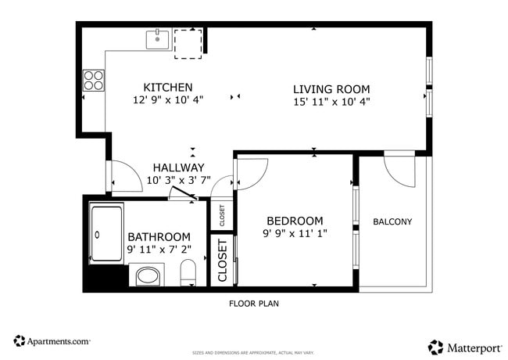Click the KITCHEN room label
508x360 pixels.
tap(168, 87)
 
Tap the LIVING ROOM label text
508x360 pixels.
tap(331, 89)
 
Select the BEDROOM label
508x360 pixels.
tap(295, 221)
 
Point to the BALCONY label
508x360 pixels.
tap(392, 221)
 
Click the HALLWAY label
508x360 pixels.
tap(178, 167)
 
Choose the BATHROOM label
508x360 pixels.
tap(159, 237)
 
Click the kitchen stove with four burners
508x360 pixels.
tap(94, 81)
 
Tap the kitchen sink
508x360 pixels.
tap(159, 38)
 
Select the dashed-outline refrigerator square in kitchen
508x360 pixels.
tap(188, 43)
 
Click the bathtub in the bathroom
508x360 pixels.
tap(106, 232)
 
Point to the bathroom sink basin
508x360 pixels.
tap(146, 275)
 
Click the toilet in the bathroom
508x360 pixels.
tap(188, 275)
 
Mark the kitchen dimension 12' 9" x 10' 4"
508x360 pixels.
tap(168, 100)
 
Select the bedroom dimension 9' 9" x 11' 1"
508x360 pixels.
tap(295, 233)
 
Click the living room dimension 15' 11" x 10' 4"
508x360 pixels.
tap(331, 101)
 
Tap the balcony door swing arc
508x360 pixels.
tap(402, 172)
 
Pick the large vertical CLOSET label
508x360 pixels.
tap(222, 261)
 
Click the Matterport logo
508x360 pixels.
tap(463, 346)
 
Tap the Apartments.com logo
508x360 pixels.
tap(52, 341)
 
